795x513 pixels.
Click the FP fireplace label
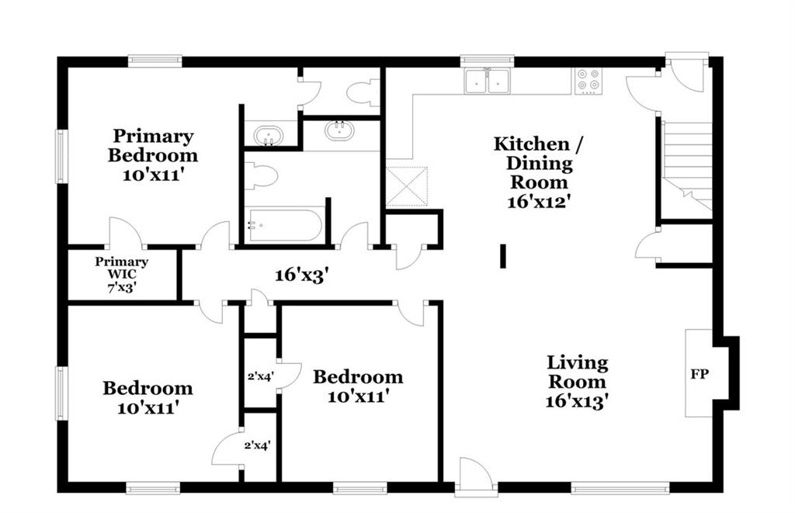tap(700, 374)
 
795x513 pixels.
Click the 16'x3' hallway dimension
tap(302, 276)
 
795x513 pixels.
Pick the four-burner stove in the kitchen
tap(588, 81)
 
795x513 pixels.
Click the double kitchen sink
tap(488, 81)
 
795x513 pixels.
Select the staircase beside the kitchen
tap(687, 165)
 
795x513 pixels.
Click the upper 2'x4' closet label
tap(261, 376)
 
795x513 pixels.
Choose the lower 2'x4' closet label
tap(257, 445)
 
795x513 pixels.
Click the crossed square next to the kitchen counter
tap(407, 186)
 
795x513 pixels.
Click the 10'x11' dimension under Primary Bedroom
tap(153, 175)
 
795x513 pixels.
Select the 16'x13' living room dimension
tap(577, 401)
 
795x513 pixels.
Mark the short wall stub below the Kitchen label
tap(503, 256)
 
